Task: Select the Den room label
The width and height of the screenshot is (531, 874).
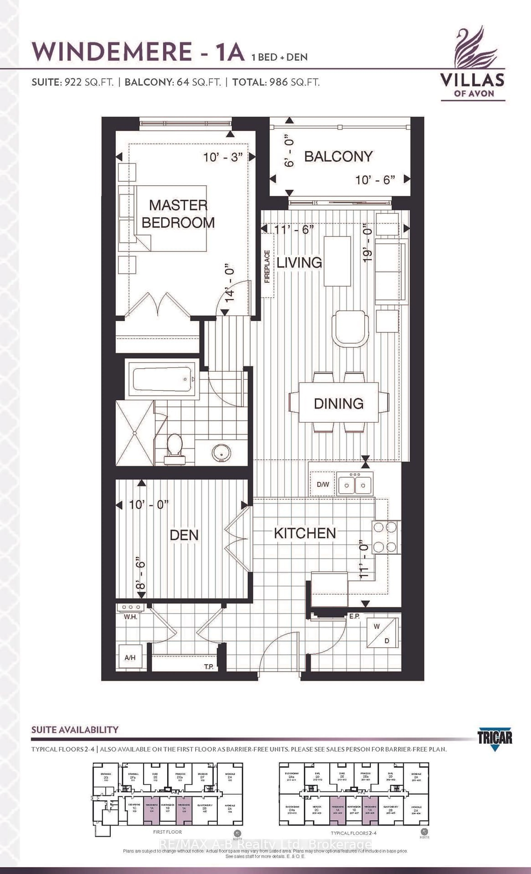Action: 184,535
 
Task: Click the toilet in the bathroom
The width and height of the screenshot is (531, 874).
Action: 175,448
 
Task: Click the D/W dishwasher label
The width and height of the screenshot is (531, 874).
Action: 323,484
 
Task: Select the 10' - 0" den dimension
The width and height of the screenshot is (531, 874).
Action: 148,504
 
